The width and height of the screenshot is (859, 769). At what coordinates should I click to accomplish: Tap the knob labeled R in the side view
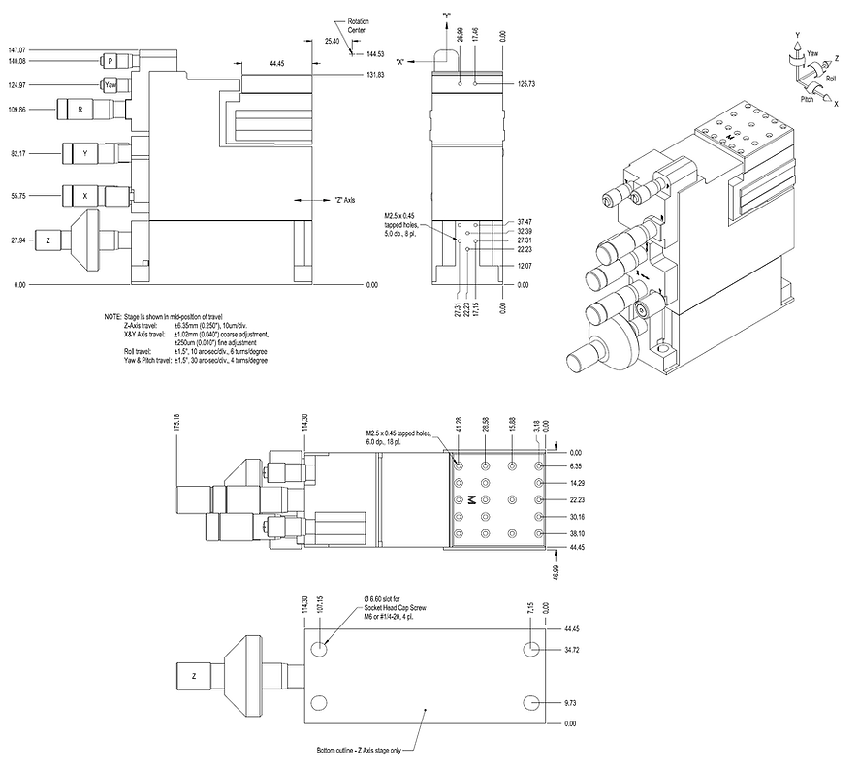[80, 110]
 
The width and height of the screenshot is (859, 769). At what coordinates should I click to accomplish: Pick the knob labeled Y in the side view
[84, 152]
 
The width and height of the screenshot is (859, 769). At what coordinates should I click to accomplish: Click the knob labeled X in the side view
[84, 195]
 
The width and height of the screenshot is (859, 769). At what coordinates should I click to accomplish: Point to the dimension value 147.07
[16, 48]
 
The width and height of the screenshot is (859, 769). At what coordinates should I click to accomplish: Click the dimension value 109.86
[16, 110]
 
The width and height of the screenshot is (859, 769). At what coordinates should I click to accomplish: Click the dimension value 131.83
[375, 75]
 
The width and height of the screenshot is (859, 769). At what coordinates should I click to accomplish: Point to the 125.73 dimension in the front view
[527, 84]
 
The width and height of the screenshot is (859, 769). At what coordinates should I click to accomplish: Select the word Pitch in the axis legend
[807, 100]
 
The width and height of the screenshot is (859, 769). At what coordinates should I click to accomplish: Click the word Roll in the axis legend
[830, 78]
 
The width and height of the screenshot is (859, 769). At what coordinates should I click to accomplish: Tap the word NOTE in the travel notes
[112, 317]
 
